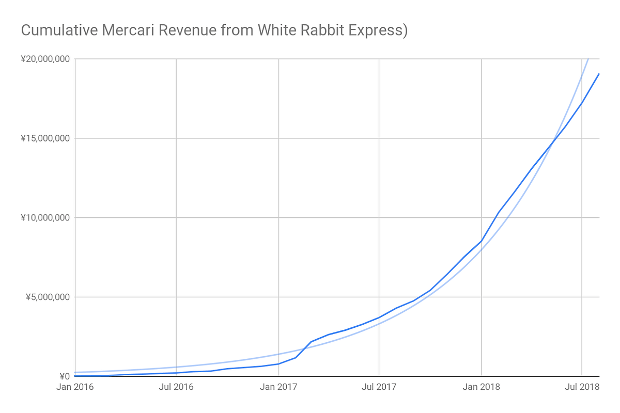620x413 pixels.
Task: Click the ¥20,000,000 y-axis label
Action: coord(45,59)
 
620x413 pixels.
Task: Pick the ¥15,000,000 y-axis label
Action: coord(45,138)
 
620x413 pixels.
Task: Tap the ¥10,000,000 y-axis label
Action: coord(45,217)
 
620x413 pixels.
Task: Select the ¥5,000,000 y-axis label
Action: coord(48,297)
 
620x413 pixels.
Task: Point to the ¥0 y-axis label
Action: coord(64,376)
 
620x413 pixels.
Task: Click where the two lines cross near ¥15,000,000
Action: coord(554,140)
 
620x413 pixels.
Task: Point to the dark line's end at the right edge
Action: coord(599,74)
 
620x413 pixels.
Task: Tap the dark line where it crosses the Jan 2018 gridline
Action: coord(482,241)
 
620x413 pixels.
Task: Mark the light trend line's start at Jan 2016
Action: coord(75,372)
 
